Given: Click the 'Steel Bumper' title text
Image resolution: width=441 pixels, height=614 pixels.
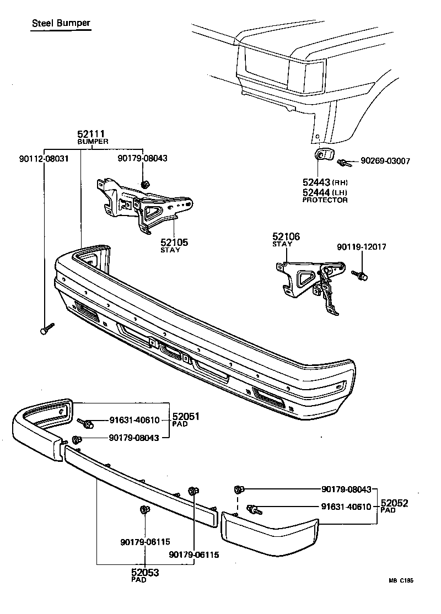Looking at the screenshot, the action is click(61, 24).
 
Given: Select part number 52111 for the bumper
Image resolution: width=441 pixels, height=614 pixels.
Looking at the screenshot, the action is click(93, 134).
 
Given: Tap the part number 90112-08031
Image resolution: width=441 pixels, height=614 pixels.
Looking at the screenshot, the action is click(44, 158).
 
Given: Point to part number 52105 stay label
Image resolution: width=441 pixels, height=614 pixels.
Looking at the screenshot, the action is click(174, 242).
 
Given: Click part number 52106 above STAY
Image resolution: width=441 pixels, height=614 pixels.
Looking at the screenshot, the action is click(286, 236).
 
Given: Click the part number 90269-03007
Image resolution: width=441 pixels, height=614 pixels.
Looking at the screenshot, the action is click(385, 161).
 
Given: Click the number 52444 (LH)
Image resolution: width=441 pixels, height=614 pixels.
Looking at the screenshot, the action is click(316, 192).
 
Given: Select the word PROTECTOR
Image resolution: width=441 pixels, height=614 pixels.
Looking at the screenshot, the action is click(325, 200).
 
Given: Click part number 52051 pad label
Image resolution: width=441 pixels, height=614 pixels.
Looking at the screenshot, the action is click(185, 417).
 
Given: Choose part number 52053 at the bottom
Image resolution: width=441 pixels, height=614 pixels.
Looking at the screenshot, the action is click(145, 573).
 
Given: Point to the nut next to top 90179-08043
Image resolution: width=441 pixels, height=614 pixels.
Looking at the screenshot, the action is click(146, 184).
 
